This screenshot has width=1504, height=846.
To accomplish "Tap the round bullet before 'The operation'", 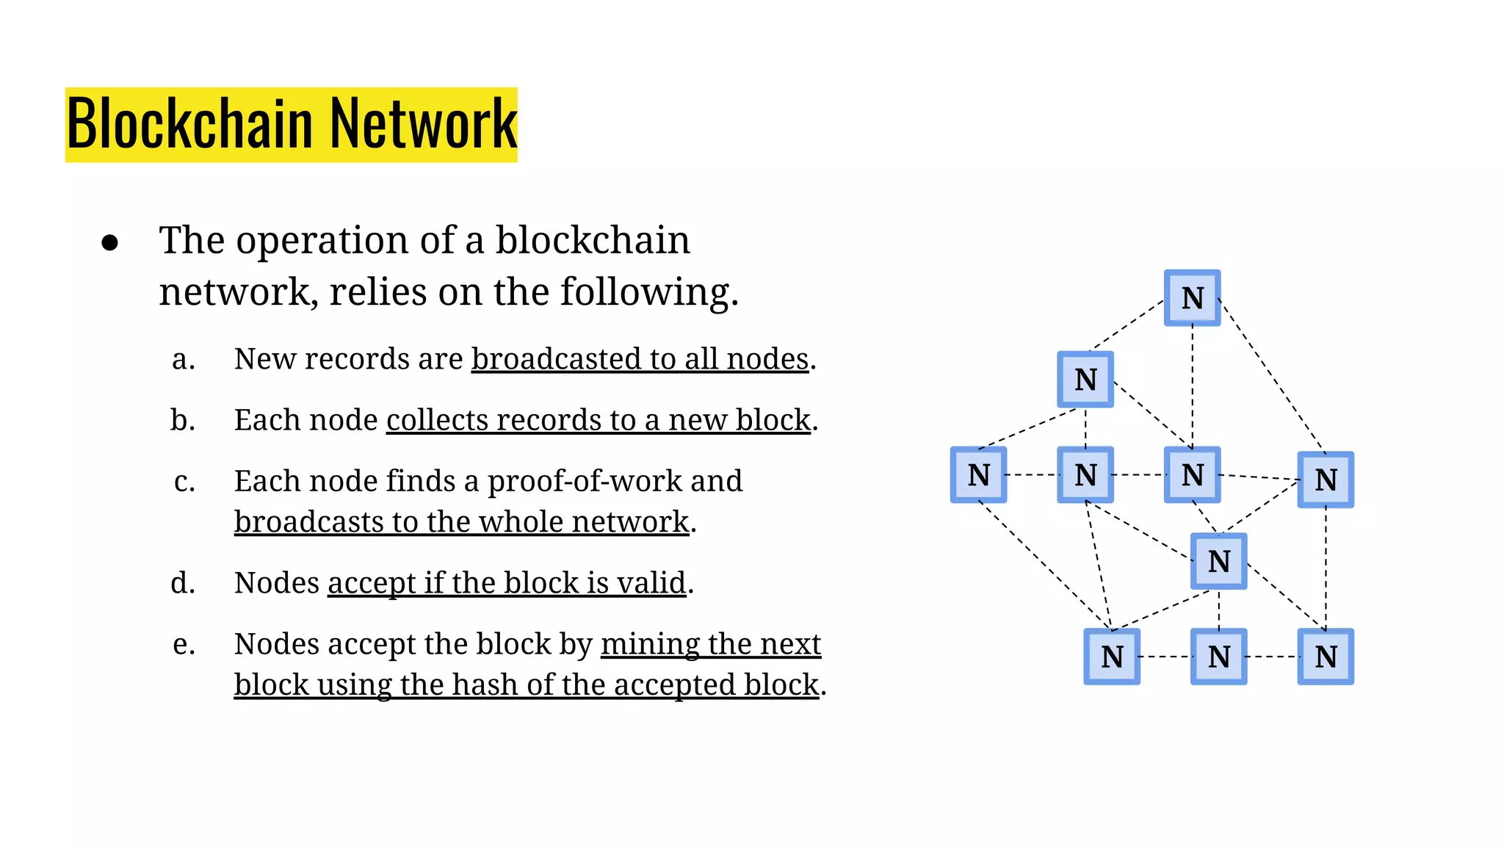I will (110, 243).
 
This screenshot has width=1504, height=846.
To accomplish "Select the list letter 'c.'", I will (184, 482).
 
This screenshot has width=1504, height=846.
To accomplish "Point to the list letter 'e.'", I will (184, 645).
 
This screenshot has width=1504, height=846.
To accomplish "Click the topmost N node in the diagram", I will (1192, 298).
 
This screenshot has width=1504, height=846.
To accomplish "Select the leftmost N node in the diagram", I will (978, 475).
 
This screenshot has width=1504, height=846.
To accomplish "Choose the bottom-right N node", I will (1325, 657).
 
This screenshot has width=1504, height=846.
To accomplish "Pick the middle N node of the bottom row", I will (1218, 657).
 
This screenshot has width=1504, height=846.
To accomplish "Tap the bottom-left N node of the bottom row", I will (1112, 657).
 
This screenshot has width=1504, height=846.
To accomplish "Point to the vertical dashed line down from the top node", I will (1192, 386).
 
